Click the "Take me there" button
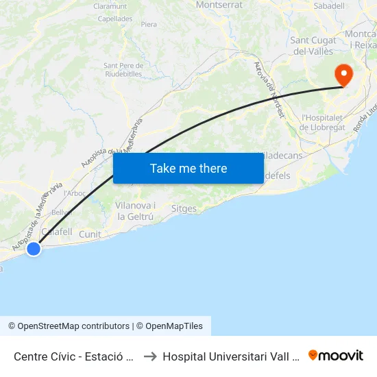(x=188, y=169)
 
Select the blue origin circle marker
(x=34, y=250)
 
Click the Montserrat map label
(x=219, y=5)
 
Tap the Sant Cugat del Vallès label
(x=314, y=45)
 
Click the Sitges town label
(x=184, y=208)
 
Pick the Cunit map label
(x=90, y=234)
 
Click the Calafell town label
(x=57, y=232)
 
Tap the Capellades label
(x=115, y=19)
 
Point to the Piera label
(x=149, y=25)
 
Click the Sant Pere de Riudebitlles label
(x=123, y=70)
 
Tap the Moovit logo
(x=336, y=355)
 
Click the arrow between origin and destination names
(x=149, y=356)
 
